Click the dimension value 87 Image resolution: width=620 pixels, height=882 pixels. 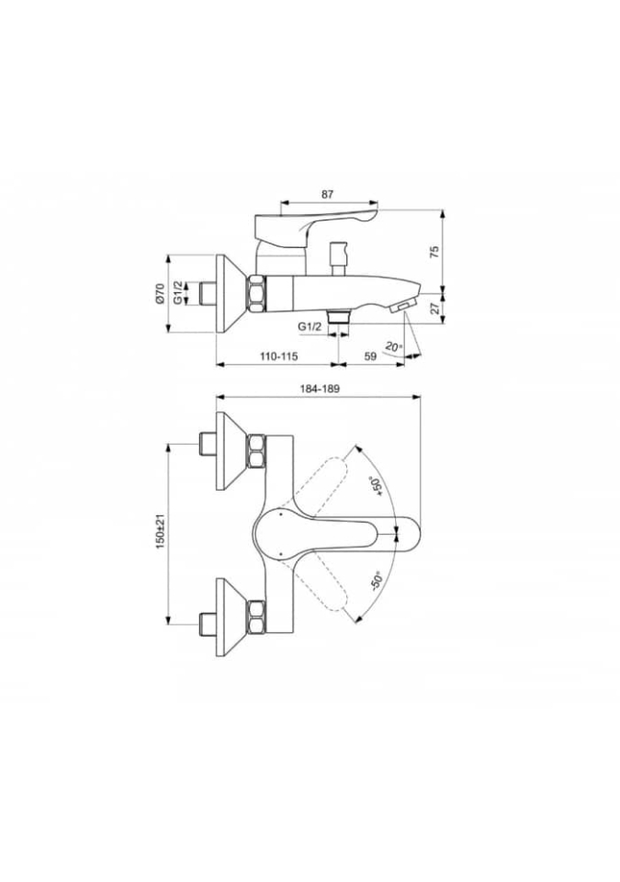tap(327, 194)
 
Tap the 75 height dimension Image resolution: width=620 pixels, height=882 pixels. tap(434, 252)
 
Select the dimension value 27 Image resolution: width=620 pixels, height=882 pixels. tap(434, 309)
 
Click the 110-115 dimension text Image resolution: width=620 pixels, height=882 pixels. tap(278, 356)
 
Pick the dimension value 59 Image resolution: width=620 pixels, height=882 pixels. tap(370, 356)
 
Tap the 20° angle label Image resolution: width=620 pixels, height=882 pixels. tap(394, 346)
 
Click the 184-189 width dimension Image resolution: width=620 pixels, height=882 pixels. tap(321, 389)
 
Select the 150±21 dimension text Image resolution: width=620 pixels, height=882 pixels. tap(161, 533)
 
